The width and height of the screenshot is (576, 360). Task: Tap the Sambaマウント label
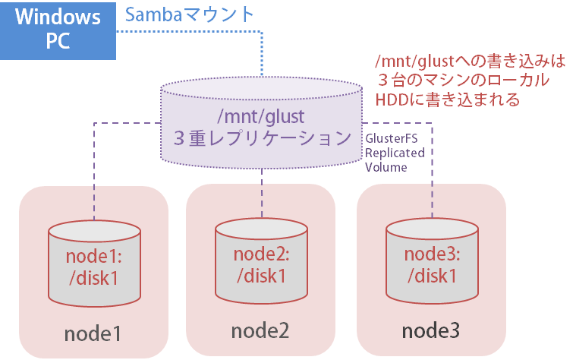[190, 14]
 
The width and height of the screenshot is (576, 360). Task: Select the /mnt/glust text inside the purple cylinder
[260, 117]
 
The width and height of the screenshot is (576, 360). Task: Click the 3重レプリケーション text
[260, 138]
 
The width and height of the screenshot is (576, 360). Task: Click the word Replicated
[394, 153]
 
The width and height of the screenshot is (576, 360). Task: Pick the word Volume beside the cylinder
[386, 168]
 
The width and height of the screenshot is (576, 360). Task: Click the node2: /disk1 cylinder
[262, 263]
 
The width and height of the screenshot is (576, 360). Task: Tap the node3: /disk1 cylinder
[431, 263]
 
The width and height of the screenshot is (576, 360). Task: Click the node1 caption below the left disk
[93, 333]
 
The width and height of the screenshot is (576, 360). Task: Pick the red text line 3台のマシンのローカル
[463, 81]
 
